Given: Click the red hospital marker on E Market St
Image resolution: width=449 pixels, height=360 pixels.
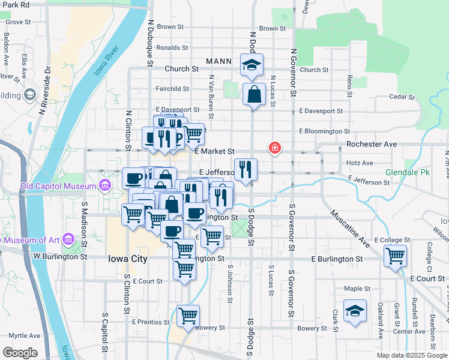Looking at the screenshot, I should coord(275,148).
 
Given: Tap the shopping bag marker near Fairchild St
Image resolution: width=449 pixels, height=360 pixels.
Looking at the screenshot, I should coord(254,95).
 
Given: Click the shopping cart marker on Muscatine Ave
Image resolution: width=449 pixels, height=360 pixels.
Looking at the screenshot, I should coord(396,256).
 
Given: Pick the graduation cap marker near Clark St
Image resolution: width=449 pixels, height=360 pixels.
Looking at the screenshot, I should coord(355,311).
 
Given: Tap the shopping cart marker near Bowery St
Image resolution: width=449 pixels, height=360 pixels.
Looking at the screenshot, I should coord(188,316).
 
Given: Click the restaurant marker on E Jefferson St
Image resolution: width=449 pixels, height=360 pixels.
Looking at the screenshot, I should coord(246,170).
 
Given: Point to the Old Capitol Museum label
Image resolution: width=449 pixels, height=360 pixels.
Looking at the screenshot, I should coord(58,185).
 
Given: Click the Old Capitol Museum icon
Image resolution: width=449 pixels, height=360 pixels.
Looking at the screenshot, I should coord(106,184).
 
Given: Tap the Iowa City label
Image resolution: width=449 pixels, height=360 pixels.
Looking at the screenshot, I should coord(127,259).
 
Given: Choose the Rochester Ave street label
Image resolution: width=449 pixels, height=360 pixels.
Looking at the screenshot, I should coord(372,145).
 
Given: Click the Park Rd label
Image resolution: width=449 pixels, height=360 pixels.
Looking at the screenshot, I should coord(14,5).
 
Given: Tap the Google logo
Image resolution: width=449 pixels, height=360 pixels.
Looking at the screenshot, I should coord(20,352).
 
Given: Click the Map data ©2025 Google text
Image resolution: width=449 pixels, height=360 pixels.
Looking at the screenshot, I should coord(411,355).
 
